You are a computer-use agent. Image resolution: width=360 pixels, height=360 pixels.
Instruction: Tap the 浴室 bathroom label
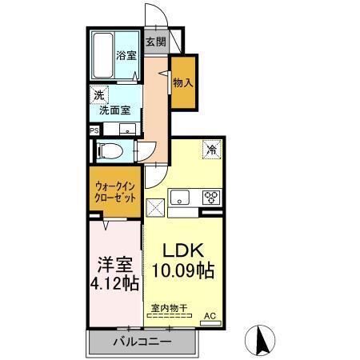pyautogui.click(x=126, y=56)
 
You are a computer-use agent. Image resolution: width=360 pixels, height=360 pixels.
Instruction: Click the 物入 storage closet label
pyautogui.click(x=183, y=82)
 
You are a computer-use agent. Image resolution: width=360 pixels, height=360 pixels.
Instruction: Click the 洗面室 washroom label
pyautogui.click(x=114, y=110)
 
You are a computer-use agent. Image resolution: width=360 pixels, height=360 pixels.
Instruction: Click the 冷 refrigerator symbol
pyautogui.click(x=211, y=148)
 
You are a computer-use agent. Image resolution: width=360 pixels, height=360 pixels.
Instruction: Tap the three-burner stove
pyautogui.click(x=210, y=197)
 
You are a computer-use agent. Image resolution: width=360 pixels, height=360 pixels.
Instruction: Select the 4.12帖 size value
pyautogui.click(x=114, y=283)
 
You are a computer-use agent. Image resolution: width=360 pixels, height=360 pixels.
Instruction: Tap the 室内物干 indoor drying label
pyautogui.click(x=166, y=308)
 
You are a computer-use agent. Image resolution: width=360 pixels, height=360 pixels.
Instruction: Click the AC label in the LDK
pyautogui.click(x=210, y=317)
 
